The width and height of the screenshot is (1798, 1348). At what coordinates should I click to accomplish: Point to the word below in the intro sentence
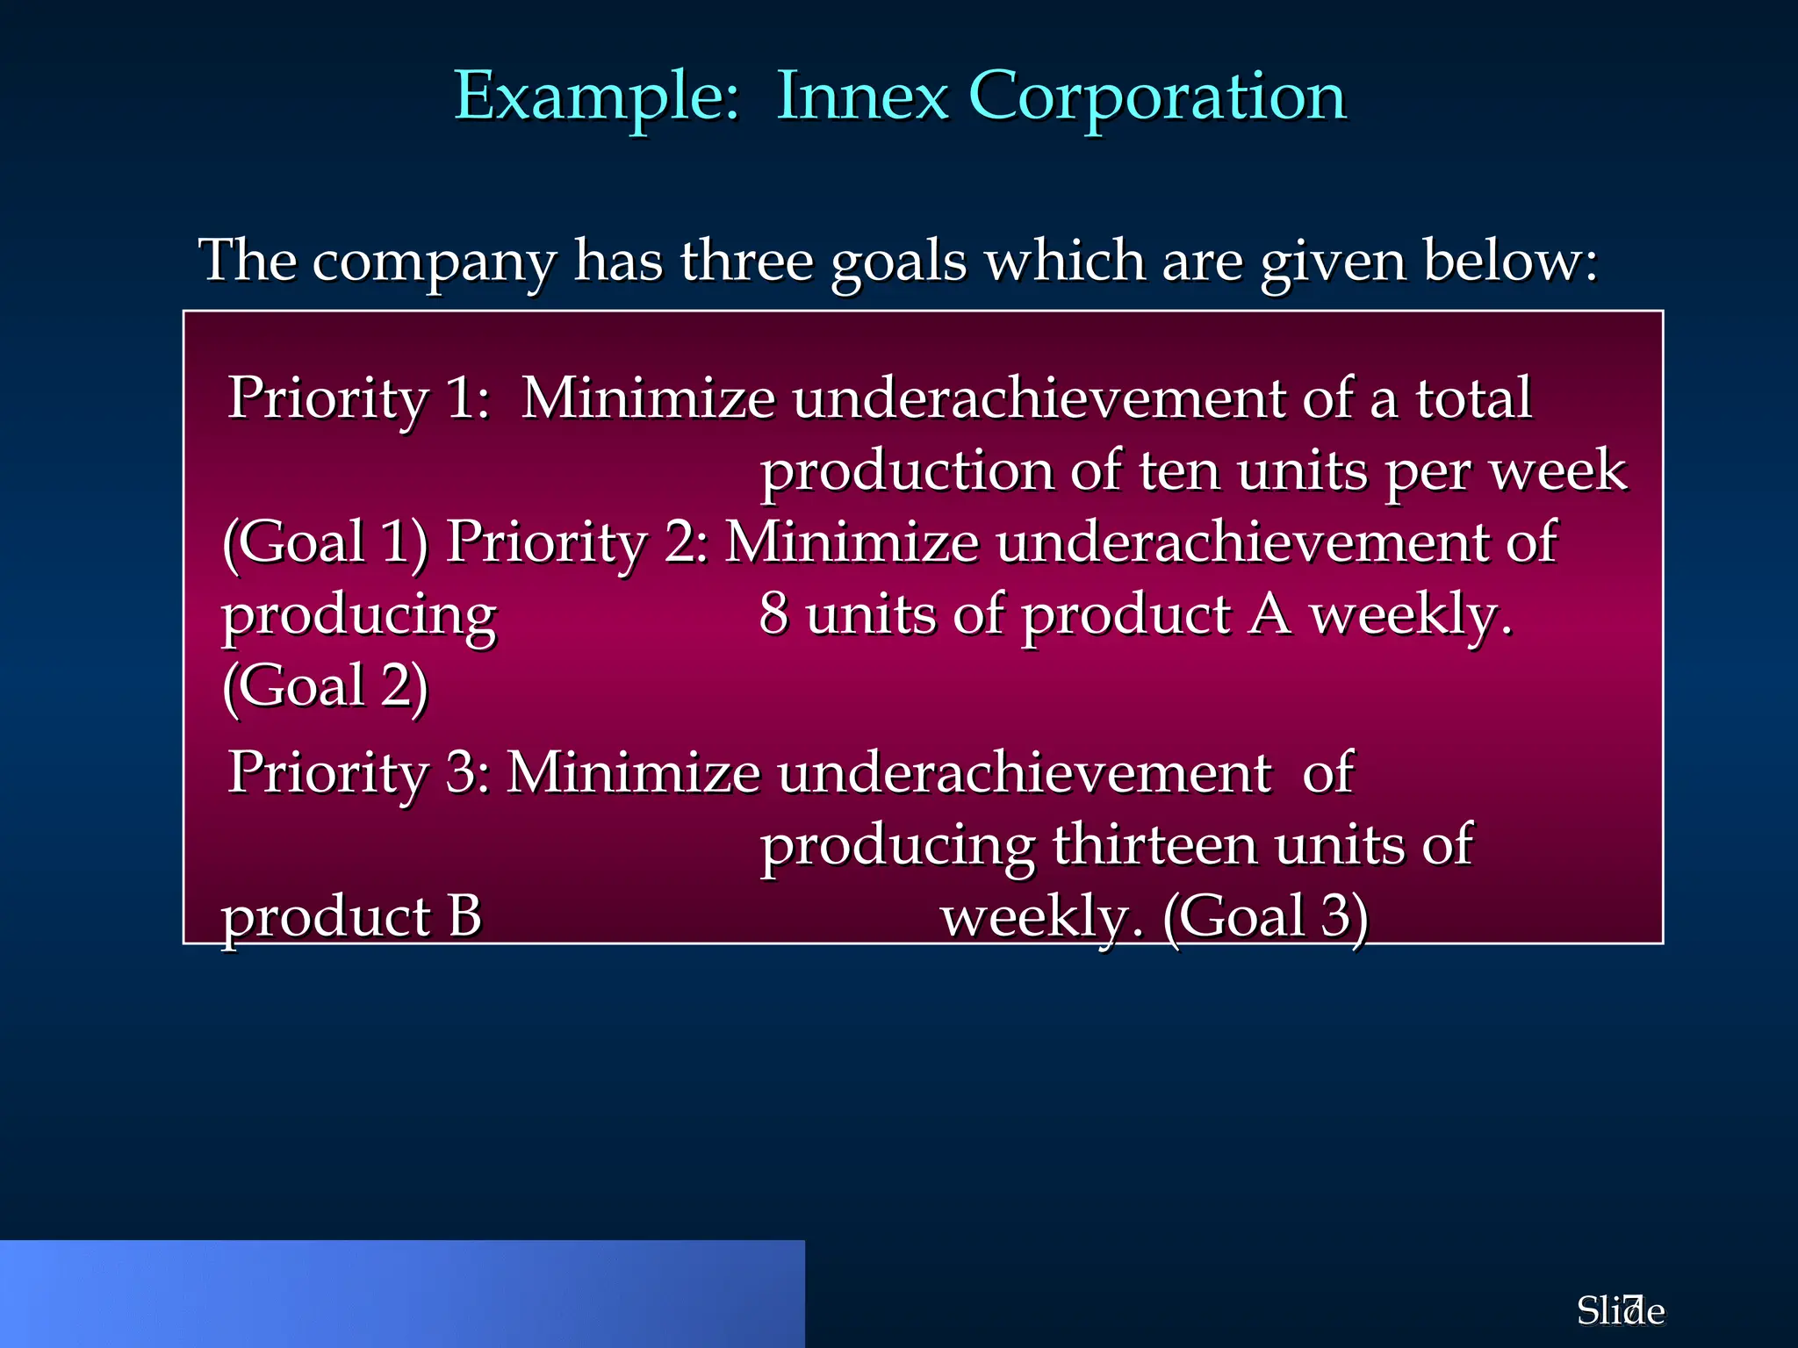1510,262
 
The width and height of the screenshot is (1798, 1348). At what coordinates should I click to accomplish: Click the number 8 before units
773,614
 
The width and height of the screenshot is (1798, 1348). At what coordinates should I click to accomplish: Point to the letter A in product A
1269,614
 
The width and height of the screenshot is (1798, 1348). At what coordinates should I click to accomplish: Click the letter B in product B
464,918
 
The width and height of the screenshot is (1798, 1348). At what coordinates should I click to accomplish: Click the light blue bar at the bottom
402,1294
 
